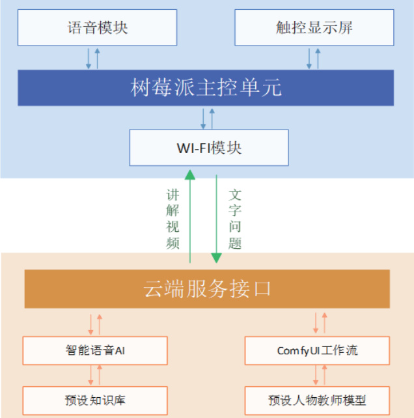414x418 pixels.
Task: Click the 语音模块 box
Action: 97,27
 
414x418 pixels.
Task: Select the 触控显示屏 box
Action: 314,27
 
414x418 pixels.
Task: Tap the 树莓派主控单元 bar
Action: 206,87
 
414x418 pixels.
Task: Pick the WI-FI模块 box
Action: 208,147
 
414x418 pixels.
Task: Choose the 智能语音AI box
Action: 95,350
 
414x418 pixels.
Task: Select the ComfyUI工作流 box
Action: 317,350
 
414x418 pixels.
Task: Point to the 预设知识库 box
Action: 95,399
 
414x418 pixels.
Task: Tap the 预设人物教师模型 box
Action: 317,399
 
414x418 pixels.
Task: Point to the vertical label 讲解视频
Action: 172,219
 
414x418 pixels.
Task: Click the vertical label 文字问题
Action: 235,219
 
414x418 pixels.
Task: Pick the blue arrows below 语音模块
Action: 93,58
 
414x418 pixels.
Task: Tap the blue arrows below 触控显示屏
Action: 313,58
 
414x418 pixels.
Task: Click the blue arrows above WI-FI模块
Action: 208,118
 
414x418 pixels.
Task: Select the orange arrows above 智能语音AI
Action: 95,323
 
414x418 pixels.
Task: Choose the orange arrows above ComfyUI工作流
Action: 320,323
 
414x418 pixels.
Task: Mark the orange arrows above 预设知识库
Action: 95,375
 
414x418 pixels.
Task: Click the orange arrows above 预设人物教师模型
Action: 320,375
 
